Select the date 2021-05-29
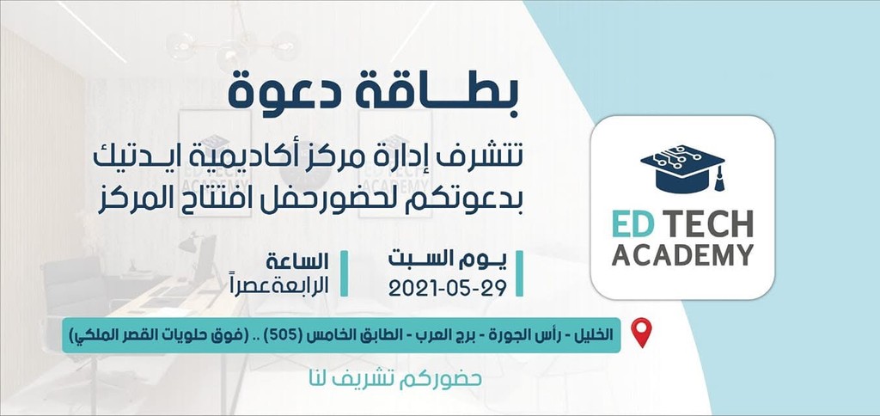tap(447, 287)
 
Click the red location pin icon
tap(641, 333)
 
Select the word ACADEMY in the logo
tap(682, 255)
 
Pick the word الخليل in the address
tap(593, 335)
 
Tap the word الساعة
tap(297, 261)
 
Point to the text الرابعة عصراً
tap(292, 285)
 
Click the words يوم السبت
tap(447, 260)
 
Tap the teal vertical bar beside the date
tap(519, 273)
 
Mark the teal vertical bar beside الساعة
tap(344, 273)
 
